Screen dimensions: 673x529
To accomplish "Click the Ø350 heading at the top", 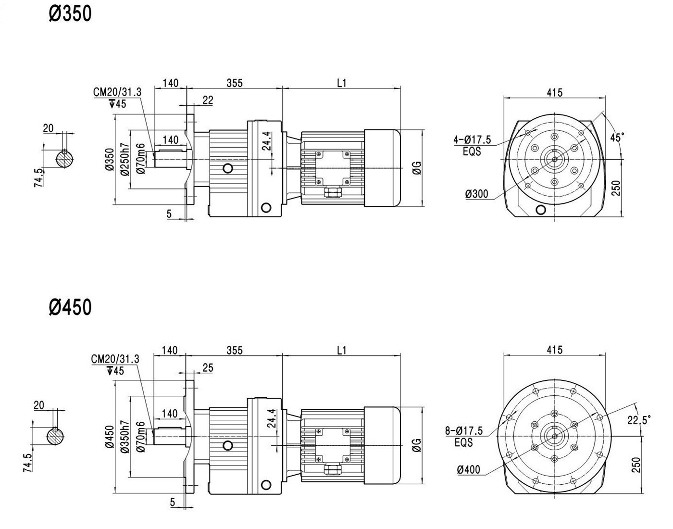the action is coord(70,14).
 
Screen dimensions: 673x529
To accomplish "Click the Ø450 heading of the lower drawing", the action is coord(70,307).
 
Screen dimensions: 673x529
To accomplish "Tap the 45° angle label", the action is coord(617,138).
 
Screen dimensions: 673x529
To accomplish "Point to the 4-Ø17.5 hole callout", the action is coord(473,139).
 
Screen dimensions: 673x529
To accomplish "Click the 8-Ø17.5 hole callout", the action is coord(464,430).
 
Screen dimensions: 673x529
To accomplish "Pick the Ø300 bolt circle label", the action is coord(477,194).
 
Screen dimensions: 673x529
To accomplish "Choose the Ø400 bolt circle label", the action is coord(469,470).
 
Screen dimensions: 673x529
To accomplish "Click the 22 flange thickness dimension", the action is coord(208,100).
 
